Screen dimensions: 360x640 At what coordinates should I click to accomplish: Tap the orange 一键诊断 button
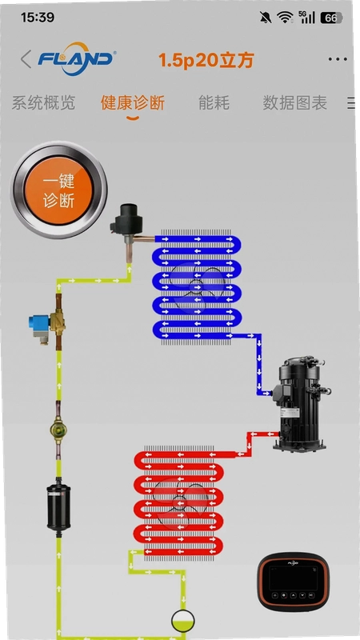tap(58, 190)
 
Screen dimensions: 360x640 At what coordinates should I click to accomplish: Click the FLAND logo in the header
tap(76, 58)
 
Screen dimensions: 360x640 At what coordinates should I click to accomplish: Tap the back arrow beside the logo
tap(26, 59)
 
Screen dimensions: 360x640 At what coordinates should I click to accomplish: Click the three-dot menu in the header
tap(338, 59)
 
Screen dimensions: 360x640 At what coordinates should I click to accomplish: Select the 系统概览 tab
tap(43, 103)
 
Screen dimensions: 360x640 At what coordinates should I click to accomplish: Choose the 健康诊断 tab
tap(133, 103)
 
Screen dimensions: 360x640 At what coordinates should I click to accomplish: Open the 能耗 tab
tap(214, 103)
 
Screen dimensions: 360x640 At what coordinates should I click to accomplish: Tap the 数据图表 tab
tap(294, 103)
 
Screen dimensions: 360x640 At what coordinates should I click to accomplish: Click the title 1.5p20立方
tap(206, 61)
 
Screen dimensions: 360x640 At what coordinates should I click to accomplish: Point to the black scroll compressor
tap(301, 404)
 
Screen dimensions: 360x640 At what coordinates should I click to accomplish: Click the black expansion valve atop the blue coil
tap(128, 228)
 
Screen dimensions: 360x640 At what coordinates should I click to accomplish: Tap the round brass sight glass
tap(58, 430)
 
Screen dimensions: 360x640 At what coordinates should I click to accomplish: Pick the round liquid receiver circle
tap(182, 621)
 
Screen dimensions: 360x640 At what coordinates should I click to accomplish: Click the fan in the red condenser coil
tap(179, 502)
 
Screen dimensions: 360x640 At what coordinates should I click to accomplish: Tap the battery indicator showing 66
tap(331, 18)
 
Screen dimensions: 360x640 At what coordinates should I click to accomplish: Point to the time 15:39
tap(38, 17)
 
